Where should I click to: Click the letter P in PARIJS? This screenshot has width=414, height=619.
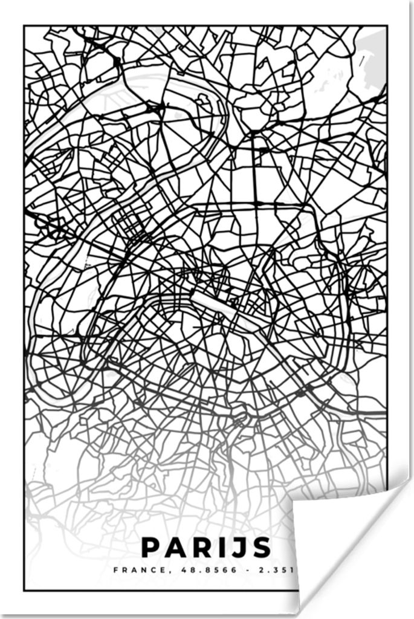coord(149,548)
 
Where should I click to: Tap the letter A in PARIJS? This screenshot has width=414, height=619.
coord(175,548)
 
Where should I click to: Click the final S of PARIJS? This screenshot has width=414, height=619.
coord(262,548)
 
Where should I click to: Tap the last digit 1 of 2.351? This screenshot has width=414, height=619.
coord(294,569)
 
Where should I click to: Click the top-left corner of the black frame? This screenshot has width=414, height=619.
coord(24,25)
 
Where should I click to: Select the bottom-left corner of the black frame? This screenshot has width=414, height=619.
coord(24,590)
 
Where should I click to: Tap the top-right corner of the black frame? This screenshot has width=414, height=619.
coord(386,25)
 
